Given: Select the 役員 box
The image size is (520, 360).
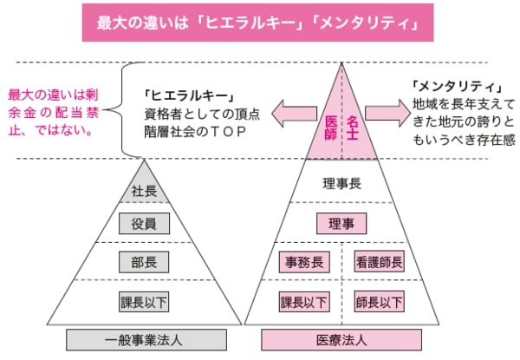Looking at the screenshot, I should click(x=144, y=224).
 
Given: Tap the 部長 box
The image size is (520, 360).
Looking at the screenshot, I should click(x=144, y=261).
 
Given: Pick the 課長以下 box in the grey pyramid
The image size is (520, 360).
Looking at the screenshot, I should click(x=144, y=303).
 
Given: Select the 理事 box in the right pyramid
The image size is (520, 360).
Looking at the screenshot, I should click(x=341, y=223).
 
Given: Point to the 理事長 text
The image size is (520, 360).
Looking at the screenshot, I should click(x=341, y=183).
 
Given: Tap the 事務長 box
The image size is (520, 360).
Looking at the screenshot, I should click(x=304, y=261).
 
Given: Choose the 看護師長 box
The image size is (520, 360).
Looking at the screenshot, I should click(x=379, y=261).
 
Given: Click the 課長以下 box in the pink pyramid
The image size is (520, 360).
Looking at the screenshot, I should click(x=304, y=303).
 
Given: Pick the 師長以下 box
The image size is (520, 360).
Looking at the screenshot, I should click(x=379, y=303).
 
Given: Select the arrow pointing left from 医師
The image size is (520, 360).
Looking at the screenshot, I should click(x=291, y=112).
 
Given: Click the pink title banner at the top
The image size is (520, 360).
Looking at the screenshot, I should click(x=256, y=24).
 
